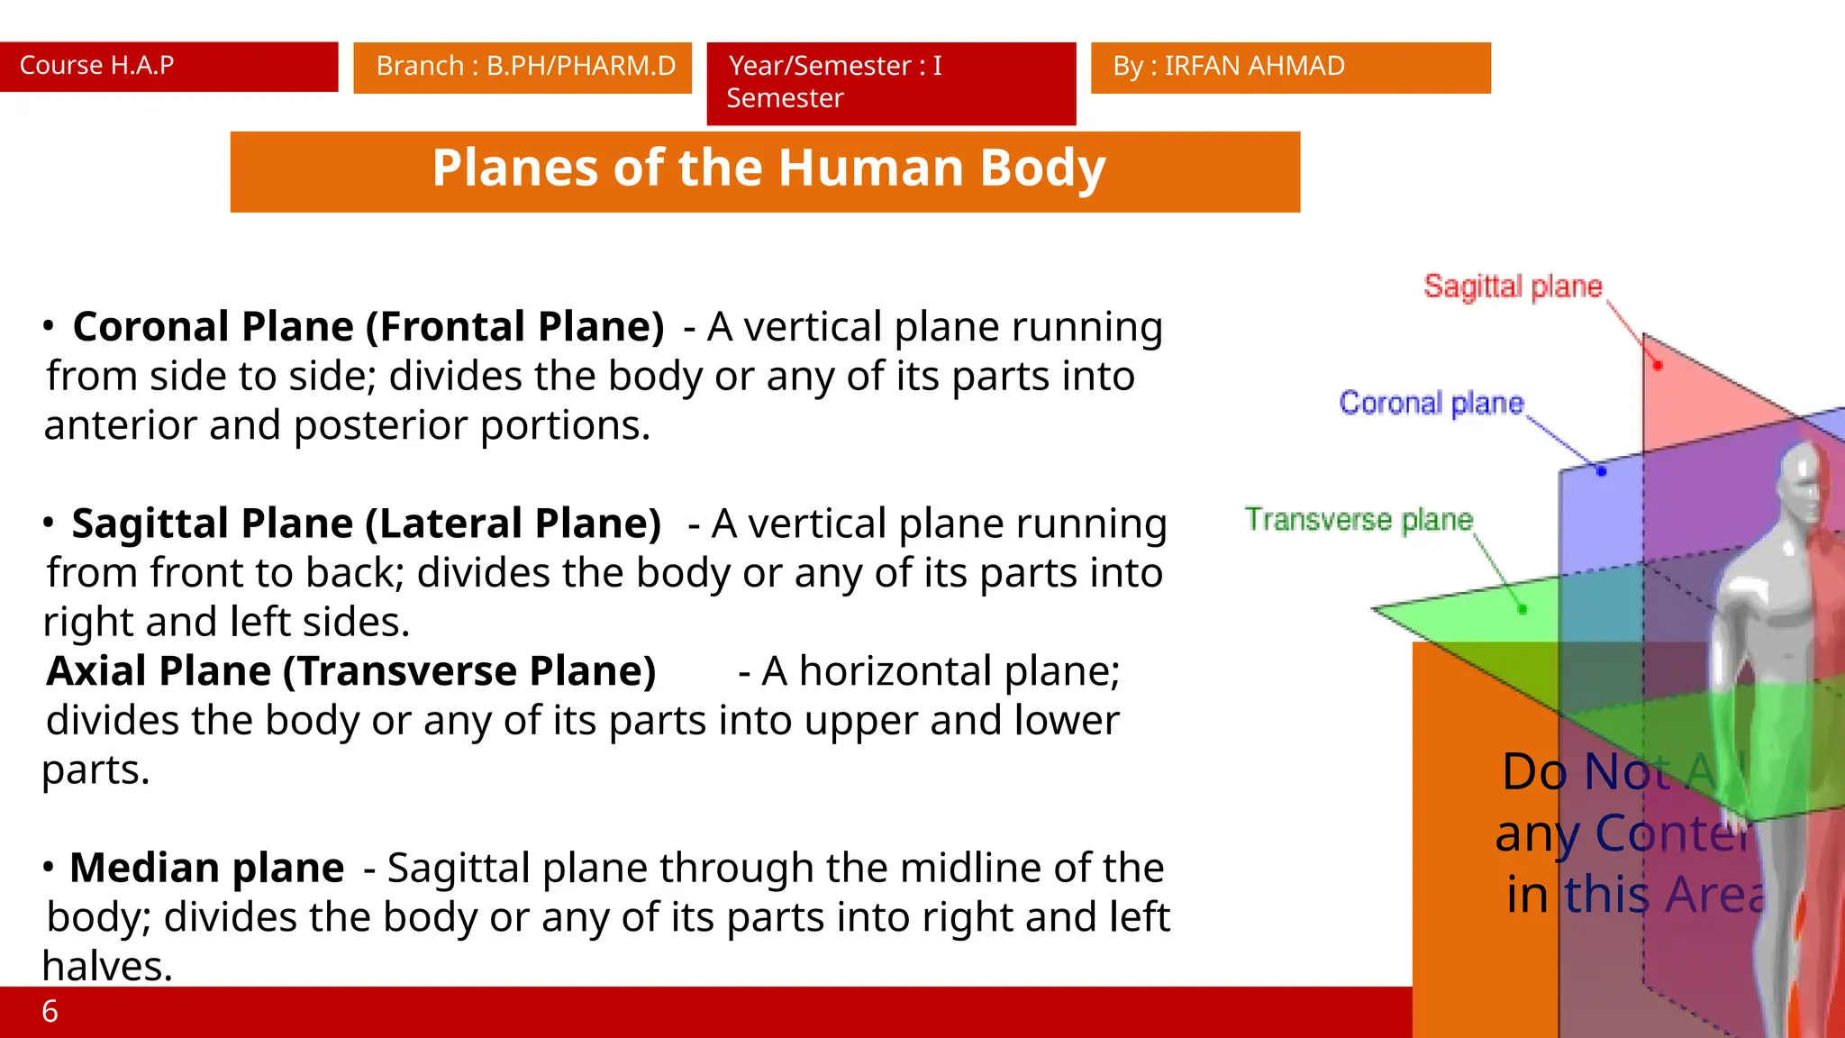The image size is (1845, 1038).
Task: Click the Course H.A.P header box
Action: click(x=168, y=66)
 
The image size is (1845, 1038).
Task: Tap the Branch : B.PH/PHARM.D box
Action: click(x=523, y=67)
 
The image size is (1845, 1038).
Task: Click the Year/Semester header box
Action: click(x=890, y=82)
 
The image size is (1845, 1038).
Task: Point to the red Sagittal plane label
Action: click(x=1513, y=287)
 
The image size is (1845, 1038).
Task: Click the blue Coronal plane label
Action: click(x=1431, y=403)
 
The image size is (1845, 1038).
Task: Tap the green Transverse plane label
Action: click(x=1359, y=520)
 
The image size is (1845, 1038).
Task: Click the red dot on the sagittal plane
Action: click(x=1658, y=366)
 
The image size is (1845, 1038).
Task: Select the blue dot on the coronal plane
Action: click(x=1602, y=471)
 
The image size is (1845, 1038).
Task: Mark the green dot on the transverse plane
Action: click(x=1522, y=610)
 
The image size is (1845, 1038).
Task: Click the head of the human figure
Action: click(x=1806, y=482)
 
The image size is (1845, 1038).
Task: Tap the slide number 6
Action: click(x=50, y=1012)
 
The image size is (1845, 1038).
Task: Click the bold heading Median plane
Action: click(x=206, y=868)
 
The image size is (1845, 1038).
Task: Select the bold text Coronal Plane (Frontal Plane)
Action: click(x=368, y=326)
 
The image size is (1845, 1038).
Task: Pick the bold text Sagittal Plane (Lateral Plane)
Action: click(x=366, y=524)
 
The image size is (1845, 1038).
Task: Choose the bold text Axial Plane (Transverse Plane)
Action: click(x=350, y=671)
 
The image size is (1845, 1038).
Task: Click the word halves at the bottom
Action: click(x=106, y=967)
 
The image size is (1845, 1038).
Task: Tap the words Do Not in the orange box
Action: click(x=1586, y=772)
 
